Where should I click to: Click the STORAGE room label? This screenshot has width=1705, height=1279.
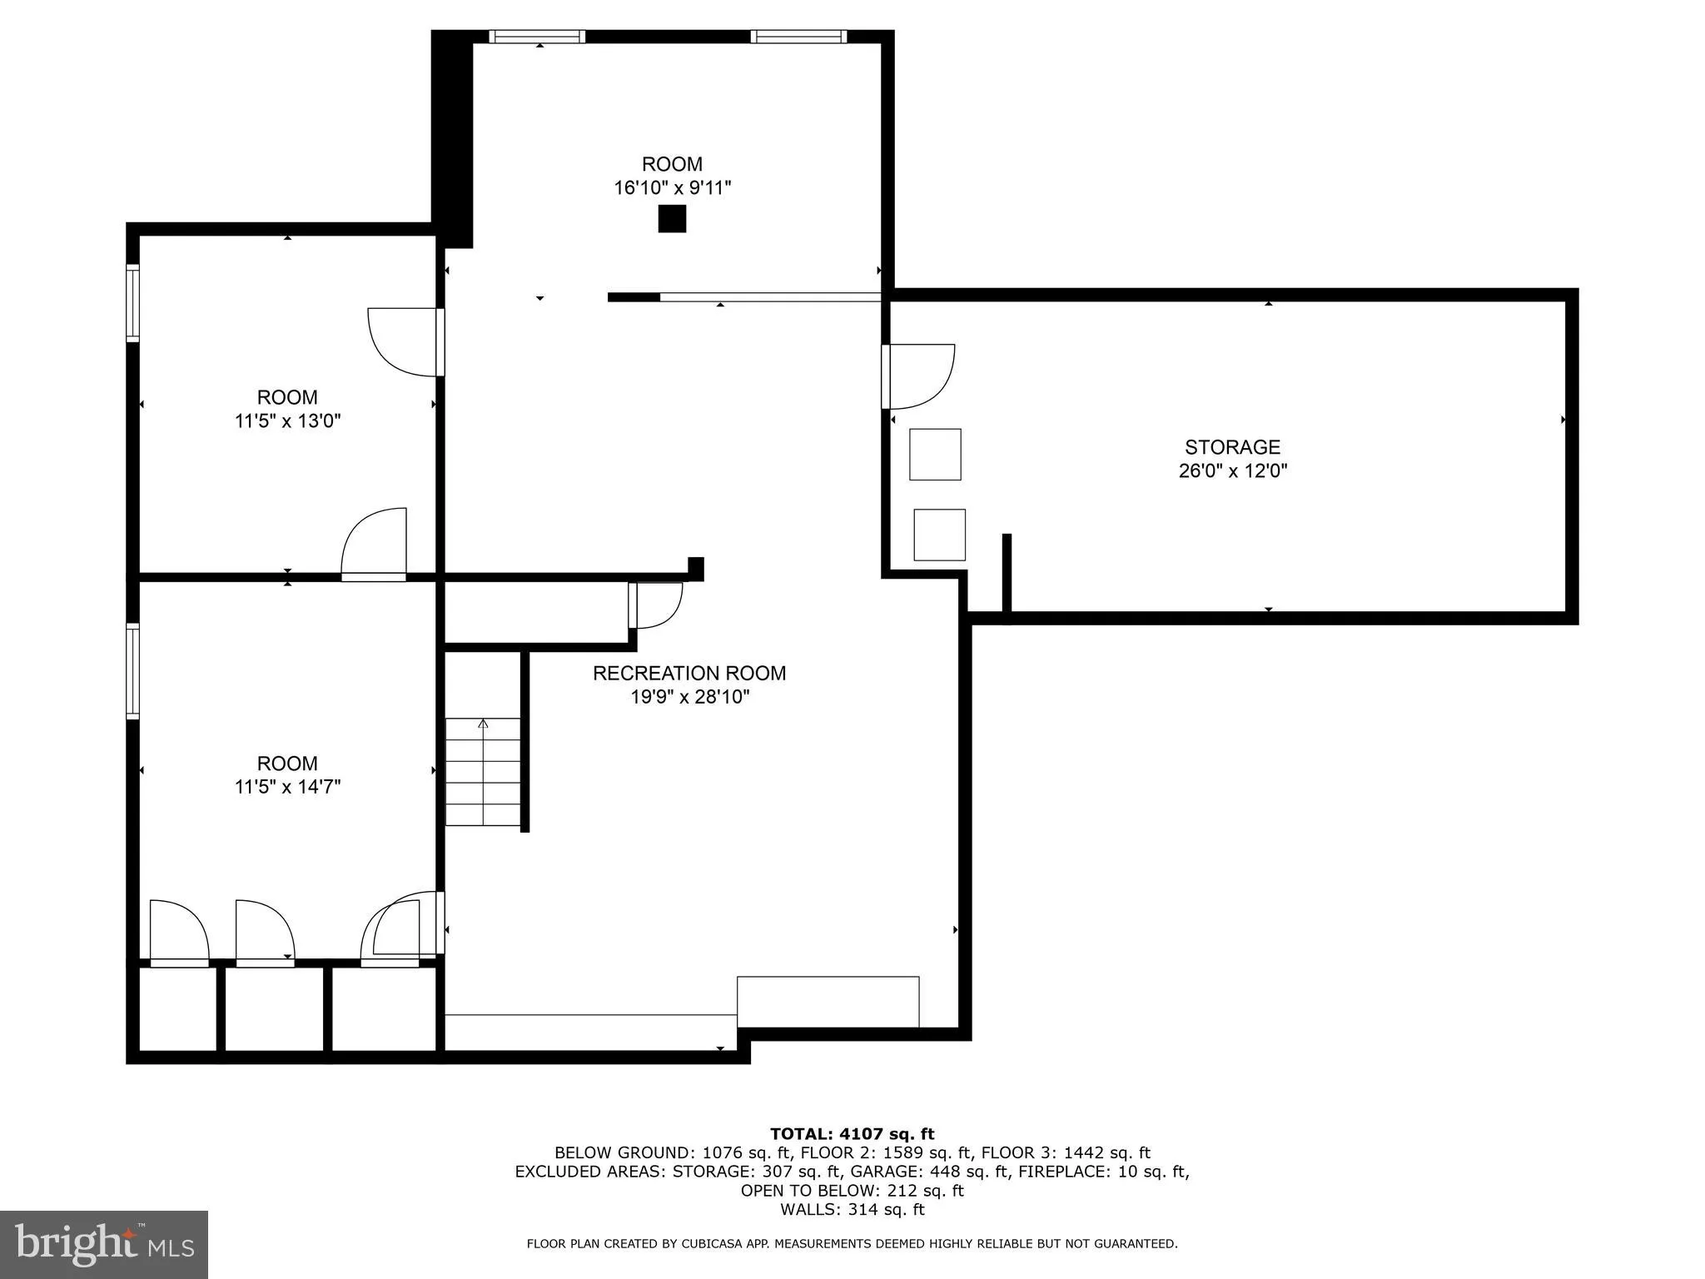click(1232, 447)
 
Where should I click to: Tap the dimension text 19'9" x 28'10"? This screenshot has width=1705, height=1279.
click(689, 697)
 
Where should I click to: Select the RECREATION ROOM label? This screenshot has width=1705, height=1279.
click(689, 673)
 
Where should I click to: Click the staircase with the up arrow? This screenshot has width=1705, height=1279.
click(483, 772)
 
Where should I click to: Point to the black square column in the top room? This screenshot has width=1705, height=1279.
click(672, 219)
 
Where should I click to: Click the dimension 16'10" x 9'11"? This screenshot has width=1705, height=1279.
click(672, 188)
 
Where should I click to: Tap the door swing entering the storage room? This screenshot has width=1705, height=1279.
click(920, 376)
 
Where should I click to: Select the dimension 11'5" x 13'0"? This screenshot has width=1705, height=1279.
click(287, 421)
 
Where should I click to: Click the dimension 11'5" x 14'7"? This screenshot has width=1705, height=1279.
click(287, 787)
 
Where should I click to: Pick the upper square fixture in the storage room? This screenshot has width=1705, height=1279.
click(935, 455)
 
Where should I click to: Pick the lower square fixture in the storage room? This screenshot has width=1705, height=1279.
click(939, 535)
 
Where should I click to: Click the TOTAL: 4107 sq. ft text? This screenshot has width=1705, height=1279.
click(852, 1133)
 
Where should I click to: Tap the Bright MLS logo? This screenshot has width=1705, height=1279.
click(104, 1244)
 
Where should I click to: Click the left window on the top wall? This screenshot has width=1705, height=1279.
click(537, 37)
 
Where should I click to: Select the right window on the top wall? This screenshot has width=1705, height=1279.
click(798, 37)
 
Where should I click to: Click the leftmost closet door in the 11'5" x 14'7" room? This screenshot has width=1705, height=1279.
click(178, 934)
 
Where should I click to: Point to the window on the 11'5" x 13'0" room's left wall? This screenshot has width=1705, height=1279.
click(132, 303)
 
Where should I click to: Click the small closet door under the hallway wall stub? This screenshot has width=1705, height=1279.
click(656, 605)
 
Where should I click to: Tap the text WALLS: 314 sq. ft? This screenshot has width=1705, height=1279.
click(852, 1210)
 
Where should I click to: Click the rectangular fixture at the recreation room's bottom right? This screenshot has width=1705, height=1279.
click(828, 1002)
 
